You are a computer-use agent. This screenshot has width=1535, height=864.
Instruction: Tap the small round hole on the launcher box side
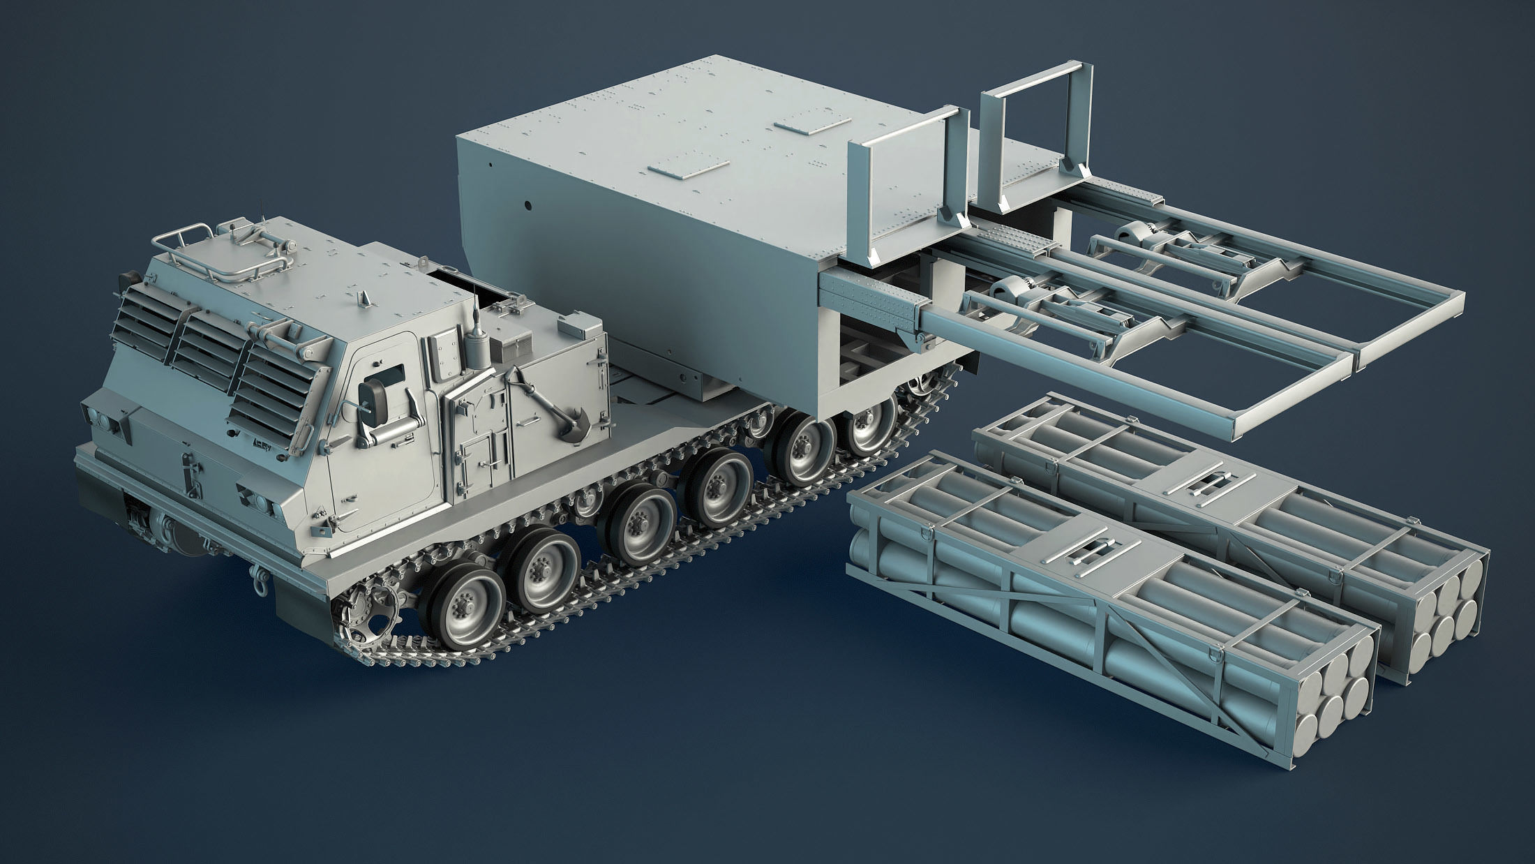click(528, 207)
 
